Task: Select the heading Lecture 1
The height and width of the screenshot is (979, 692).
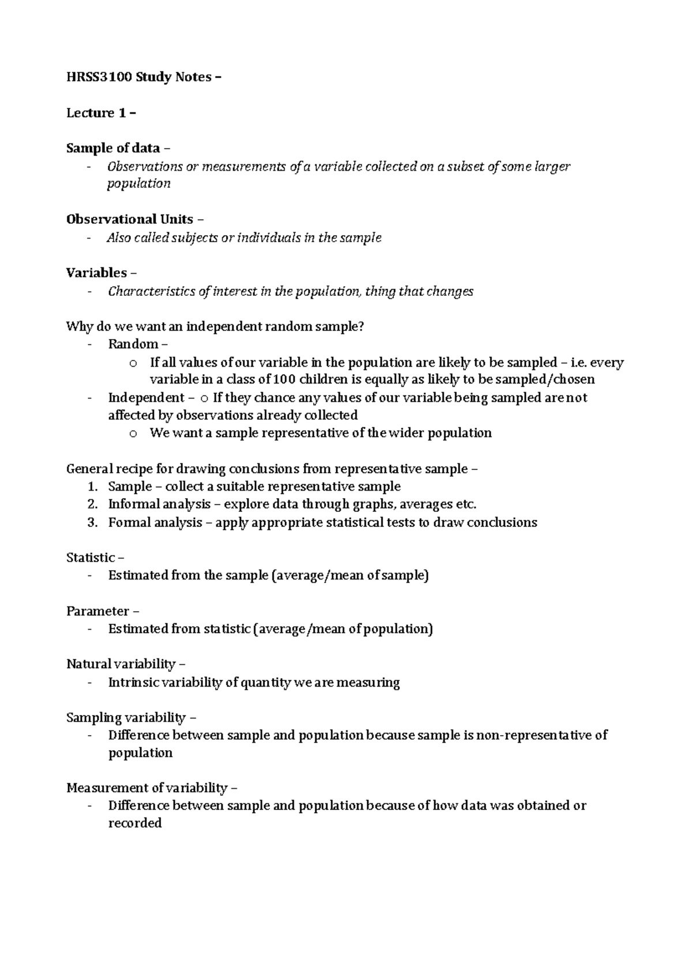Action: click(x=97, y=113)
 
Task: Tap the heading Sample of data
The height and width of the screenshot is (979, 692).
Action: click(x=113, y=148)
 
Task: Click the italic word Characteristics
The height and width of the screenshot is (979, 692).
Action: click(x=152, y=291)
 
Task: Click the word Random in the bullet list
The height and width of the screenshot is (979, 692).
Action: click(x=133, y=344)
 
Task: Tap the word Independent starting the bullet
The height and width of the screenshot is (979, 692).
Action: click(x=145, y=397)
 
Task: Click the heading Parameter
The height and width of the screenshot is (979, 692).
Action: click(x=97, y=611)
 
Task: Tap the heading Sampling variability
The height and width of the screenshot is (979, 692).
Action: click(x=126, y=718)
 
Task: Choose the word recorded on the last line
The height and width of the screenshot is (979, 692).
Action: click(x=135, y=823)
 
